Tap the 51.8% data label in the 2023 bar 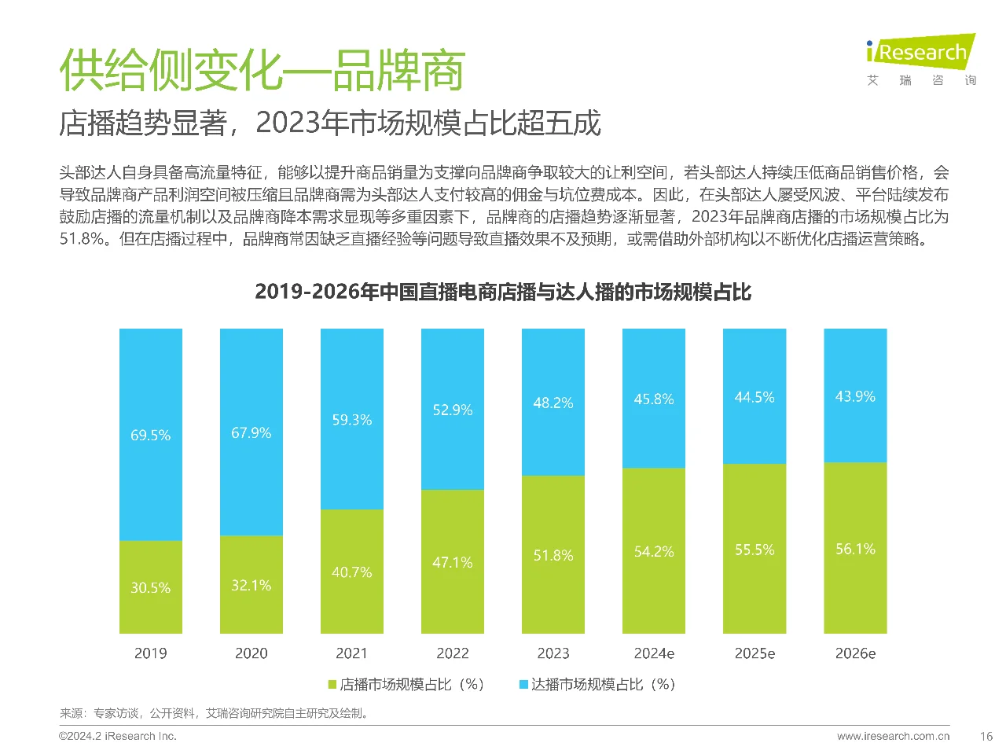pos(553,555)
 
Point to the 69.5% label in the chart pos(151,435)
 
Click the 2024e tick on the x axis pos(654,653)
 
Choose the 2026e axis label pos(855,653)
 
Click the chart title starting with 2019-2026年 pos(503,292)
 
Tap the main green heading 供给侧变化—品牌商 pos(263,71)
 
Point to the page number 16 pos(986,737)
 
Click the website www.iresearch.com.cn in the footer pos(894,737)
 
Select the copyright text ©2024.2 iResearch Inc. pos(118,737)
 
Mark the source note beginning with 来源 pos(215,713)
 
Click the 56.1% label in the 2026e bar pos(855,549)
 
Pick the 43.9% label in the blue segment pos(855,396)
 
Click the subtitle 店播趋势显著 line pos(330,123)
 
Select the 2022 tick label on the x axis pos(453,653)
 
